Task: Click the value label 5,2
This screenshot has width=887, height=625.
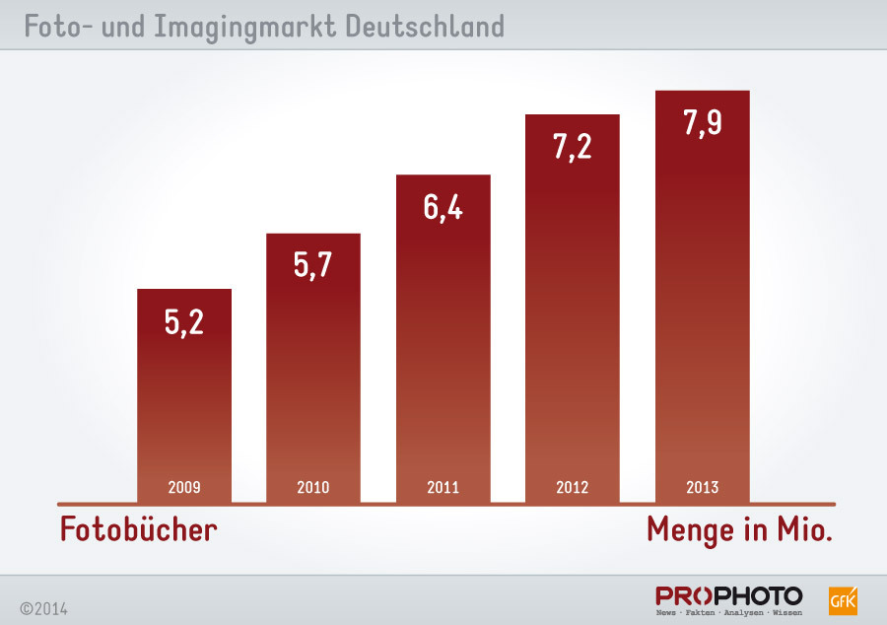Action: pos(183,321)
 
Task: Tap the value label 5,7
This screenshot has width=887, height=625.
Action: pos(313,265)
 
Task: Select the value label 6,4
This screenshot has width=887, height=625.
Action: pos(443,208)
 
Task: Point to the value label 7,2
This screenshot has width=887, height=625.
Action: pos(572,147)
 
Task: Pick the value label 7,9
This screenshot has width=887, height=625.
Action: pos(702,124)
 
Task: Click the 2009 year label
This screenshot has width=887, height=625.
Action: pos(184,487)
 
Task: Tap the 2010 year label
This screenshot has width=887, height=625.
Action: pos(313,487)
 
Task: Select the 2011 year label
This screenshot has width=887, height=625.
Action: pos(443,487)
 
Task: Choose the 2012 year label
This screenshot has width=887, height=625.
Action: pos(572,487)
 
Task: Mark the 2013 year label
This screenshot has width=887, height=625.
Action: pos(702,487)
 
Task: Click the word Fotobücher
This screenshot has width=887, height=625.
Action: pos(138,529)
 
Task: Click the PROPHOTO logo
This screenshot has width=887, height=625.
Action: pos(728,595)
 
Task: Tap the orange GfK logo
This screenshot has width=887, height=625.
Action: pos(844,599)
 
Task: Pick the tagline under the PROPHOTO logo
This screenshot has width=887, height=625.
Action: pos(728,613)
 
